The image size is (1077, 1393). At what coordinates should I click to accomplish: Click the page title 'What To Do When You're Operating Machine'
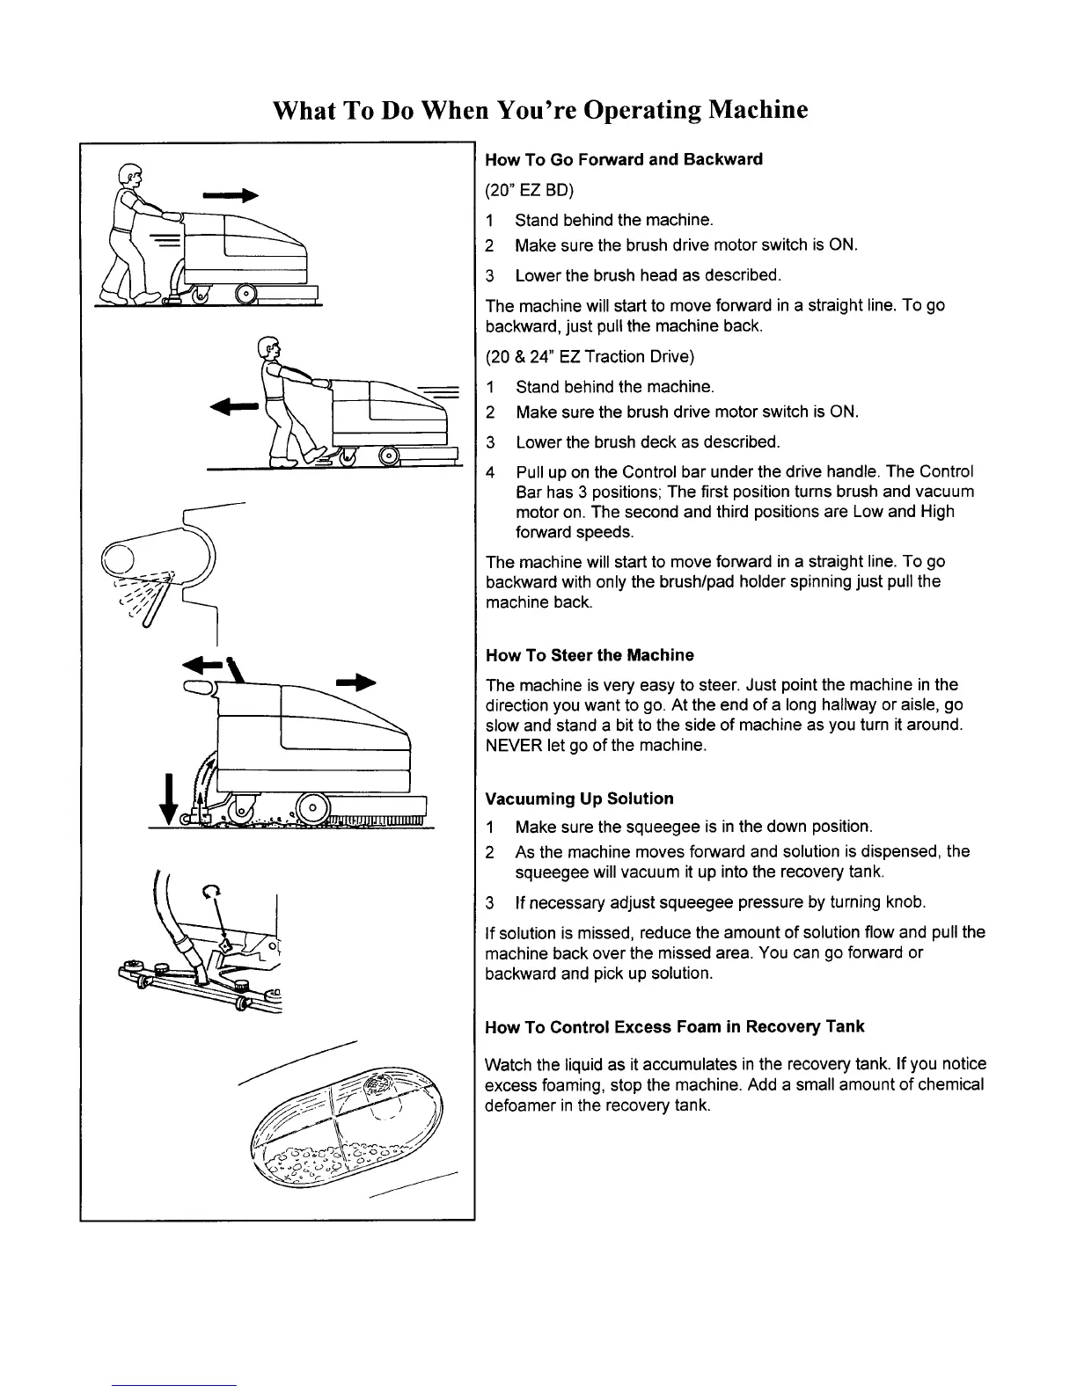[x=539, y=111]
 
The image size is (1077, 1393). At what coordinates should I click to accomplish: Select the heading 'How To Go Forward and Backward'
[x=624, y=159]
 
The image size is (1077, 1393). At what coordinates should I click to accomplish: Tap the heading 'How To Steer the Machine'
[x=590, y=655]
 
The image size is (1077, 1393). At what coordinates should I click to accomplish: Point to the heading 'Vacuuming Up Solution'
[x=579, y=799]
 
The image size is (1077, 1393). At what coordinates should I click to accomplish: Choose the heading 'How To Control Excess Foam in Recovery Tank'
[x=675, y=1026]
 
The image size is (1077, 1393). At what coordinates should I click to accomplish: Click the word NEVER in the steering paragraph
[x=511, y=746]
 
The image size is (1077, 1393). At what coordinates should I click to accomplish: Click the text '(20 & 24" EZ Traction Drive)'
[x=590, y=356]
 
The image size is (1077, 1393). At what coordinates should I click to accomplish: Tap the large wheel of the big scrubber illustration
[x=311, y=807]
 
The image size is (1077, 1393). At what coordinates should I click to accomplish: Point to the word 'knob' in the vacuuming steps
[x=908, y=902]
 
